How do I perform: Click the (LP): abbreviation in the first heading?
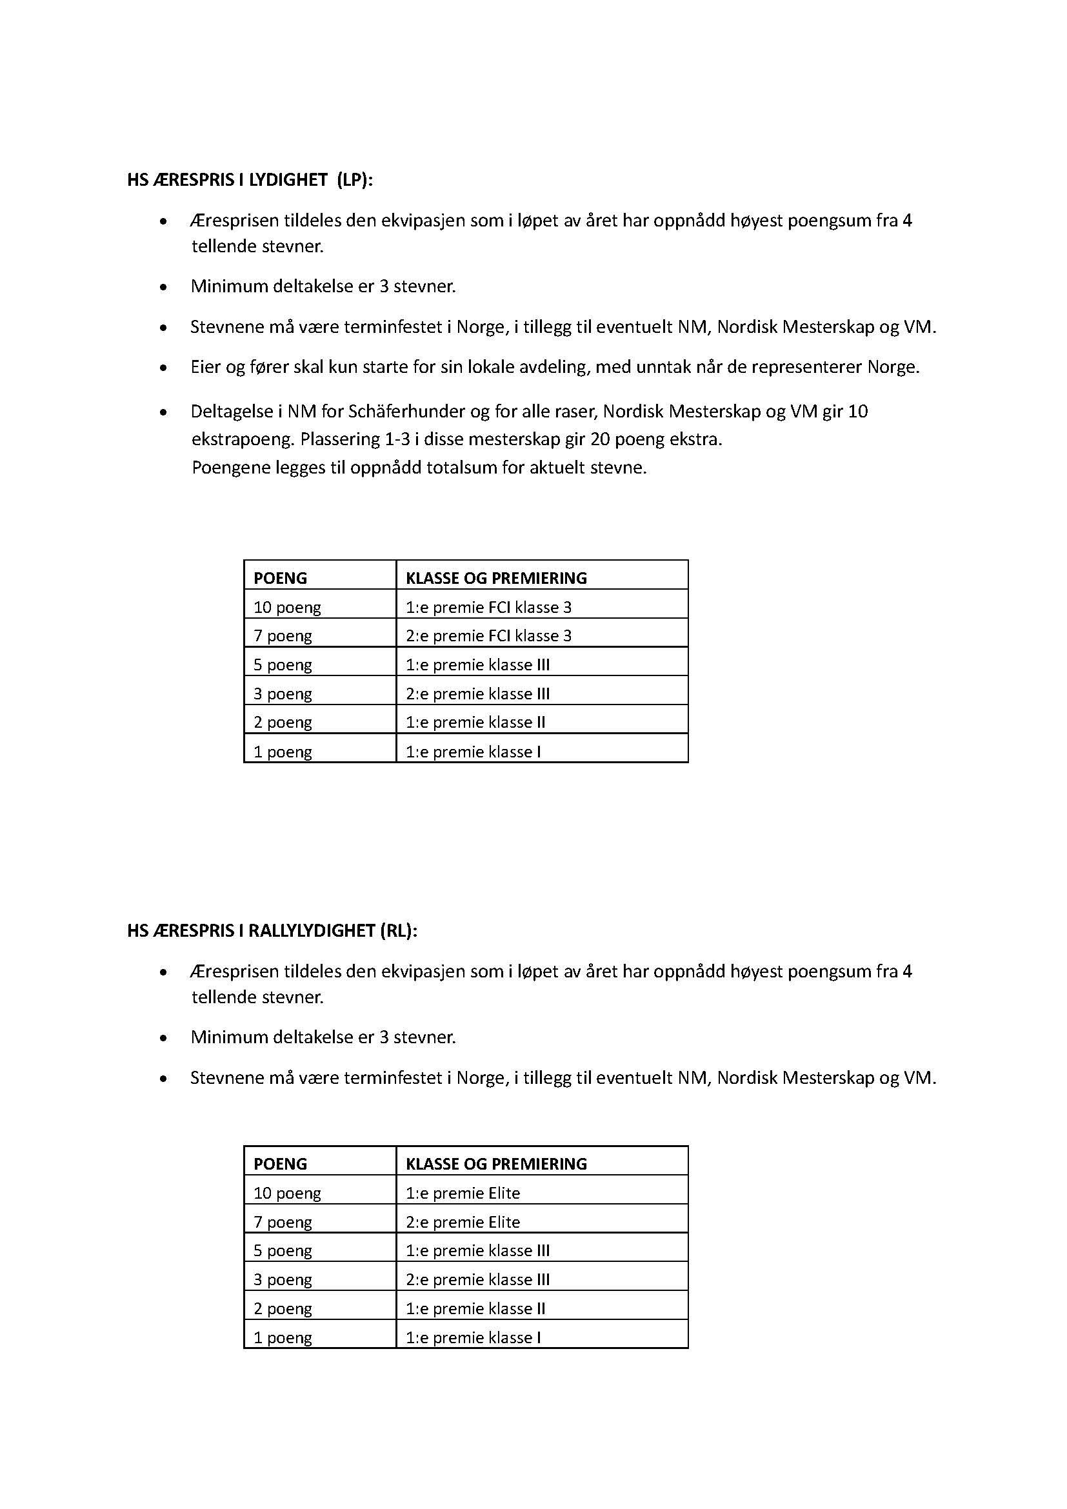pos(354,180)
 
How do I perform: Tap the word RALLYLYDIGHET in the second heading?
pos(312,931)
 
